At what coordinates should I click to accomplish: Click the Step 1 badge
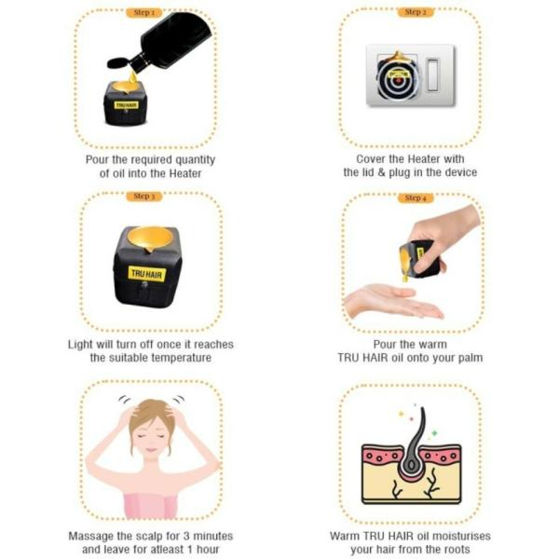tap(144, 13)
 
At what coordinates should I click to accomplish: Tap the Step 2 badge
tap(416, 12)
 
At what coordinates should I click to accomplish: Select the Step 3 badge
tap(144, 197)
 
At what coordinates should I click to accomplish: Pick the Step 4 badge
tap(416, 198)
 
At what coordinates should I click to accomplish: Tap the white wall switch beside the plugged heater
tap(433, 75)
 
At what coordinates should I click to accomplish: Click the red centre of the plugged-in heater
tap(398, 81)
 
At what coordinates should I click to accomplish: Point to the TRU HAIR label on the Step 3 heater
tap(146, 274)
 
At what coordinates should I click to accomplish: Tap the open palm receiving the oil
tap(392, 302)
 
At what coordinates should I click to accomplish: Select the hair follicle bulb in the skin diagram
tap(412, 464)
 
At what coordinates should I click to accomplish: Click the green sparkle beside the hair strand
tap(434, 433)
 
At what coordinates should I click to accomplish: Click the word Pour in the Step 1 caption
tap(97, 159)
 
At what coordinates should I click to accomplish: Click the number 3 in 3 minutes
tap(186, 536)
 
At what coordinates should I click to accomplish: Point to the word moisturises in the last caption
tap(464, 536)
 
